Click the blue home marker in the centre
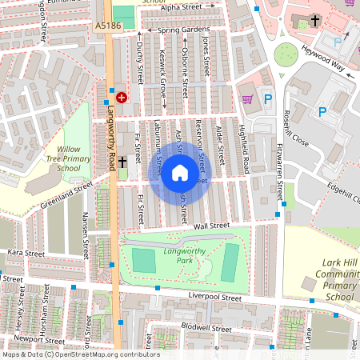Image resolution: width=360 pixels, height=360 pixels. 180,173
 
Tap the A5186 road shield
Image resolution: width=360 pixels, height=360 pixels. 107,26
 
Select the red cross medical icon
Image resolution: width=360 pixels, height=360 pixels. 122,98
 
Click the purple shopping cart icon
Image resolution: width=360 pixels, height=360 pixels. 248,99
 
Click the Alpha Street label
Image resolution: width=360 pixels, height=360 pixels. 181,7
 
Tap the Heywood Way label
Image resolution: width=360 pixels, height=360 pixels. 323,59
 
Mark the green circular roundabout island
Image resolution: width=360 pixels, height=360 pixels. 286,54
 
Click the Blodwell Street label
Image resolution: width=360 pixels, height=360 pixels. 206,328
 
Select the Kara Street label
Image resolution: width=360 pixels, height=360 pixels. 26,253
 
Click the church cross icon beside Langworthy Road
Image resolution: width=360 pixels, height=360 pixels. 122,162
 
